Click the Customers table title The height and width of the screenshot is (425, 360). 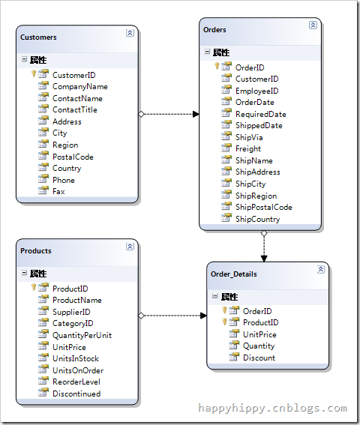click(x=38, y=37)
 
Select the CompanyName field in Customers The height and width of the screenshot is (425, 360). click(x=80, y=86)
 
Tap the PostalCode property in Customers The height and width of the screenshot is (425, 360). click(x=73, y=157)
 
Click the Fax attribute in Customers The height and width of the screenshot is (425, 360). click(x=58, y=191)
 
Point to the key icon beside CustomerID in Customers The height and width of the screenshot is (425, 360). click(x=33, y=73)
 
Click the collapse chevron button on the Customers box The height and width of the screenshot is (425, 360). click(x=130, y=33)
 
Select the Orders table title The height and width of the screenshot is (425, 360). click(x=214, y=29)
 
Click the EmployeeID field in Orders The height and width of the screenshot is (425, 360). click(x=257, y=91)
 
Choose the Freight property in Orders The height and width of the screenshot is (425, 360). click(x=248, y=148)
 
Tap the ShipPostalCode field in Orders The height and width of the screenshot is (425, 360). click(x=264, y=207)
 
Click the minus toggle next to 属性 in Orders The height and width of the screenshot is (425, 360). click(x=207, y=52)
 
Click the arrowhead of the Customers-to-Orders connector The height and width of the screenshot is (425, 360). click(x=196, y=114)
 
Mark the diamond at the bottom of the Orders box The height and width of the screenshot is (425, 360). click(x=264, y=233)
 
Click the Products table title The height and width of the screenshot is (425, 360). click(x=36, y=250)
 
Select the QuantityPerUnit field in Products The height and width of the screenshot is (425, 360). click(x=82, y=335)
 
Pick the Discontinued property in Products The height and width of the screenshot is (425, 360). click(x=76, y=394)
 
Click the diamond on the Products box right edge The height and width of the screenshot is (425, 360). click(x=141, y=316)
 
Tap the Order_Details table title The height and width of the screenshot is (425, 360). click(x=233, y=274)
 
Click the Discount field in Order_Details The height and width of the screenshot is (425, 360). click(x=259, y=358)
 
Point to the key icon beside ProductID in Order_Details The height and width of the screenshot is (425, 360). click(x=224, y=322)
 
